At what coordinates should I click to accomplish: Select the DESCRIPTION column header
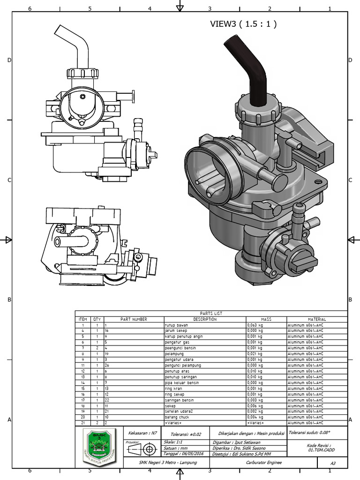(x=204, y=319)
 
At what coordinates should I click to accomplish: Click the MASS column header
(x=266, y=319)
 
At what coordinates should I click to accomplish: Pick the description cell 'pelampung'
(x=174, y=354)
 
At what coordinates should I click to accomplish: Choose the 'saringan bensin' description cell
(x=179, y=400)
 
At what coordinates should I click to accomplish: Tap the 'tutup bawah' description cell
(x=176, y=325)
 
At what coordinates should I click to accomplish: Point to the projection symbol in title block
(x=145, y=450)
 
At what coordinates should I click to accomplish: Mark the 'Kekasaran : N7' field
(x=142, y=433)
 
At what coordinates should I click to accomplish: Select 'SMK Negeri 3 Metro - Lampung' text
(x=168, y=463)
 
